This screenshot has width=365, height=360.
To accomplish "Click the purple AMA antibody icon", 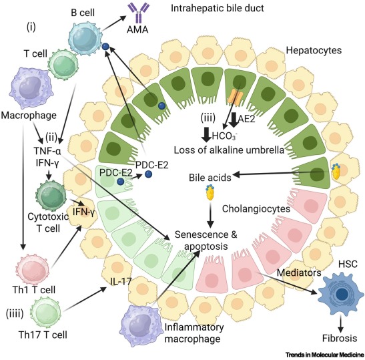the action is pos(138,12).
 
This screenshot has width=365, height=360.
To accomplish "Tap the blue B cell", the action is pos(85,38).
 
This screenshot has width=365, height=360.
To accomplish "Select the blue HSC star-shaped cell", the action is pos(341,294).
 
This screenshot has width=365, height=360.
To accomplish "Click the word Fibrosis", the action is pos(340,338).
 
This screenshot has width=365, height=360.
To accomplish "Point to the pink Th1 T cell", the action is pos(32,270).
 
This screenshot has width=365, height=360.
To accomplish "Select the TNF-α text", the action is pos(47,152).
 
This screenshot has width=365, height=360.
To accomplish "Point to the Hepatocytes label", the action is pos(314,50).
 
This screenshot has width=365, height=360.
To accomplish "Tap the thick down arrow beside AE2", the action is pos(234,120).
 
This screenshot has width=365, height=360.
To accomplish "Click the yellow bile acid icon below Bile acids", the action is pos(210,192).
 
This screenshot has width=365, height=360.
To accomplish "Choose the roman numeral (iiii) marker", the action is pos(15,314).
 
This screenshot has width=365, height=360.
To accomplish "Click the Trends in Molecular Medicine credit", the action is pos(325,355).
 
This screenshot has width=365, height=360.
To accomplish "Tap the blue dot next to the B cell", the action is pos(105,46).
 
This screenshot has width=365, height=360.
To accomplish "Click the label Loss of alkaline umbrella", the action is pos(229,150).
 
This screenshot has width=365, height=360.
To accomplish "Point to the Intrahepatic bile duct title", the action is pos(218,8).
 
